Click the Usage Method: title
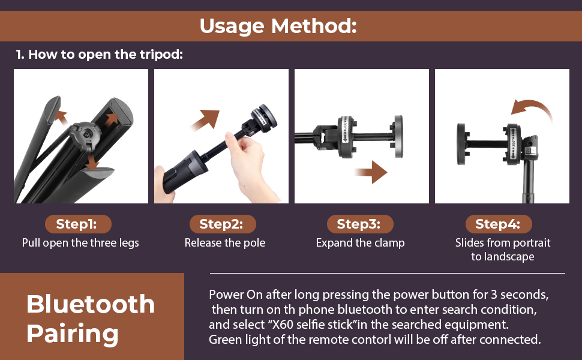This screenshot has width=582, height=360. click(x=278, y=26)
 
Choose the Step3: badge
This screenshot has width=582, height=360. click(x=359, y=224)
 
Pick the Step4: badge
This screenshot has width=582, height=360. click(x=498, y=224)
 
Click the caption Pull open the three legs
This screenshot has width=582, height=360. click(x=80, y=243)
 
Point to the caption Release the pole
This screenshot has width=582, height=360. click(x=224, y=243)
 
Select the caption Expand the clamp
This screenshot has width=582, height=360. click(x=360, y=243)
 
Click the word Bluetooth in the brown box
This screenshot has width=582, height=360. click(x=91, y=305)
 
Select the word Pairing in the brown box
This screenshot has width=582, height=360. click(x=72, y=334)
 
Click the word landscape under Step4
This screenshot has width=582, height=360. click(x=502, y=257)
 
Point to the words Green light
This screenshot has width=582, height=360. click(x=236, y=340)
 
